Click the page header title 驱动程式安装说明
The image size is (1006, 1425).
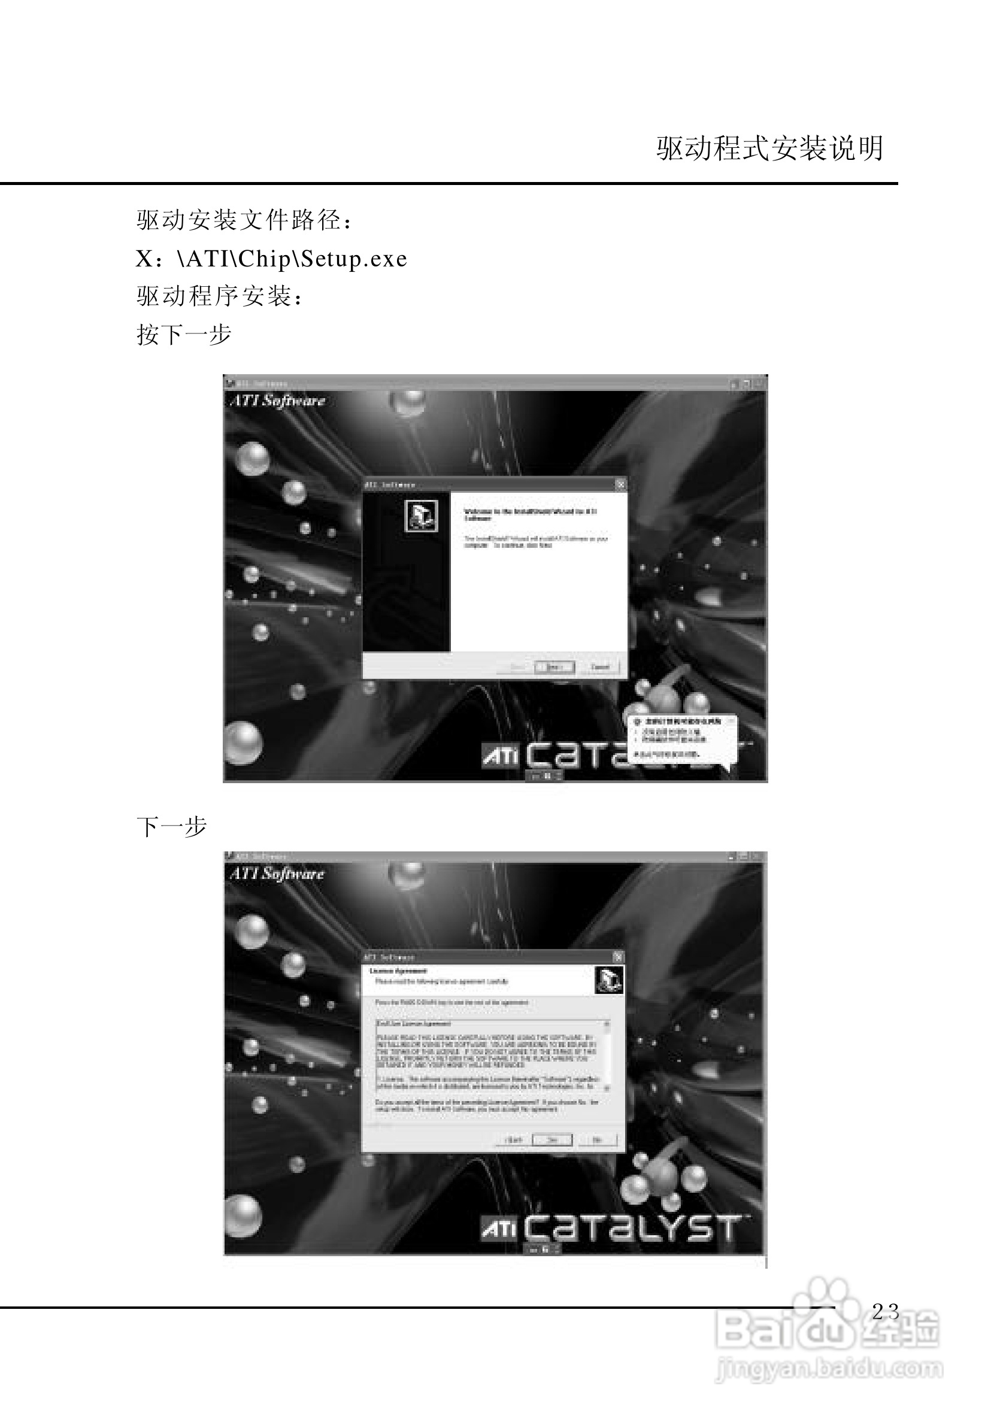pos(769,149)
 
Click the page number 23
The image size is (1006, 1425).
pos(885,1311)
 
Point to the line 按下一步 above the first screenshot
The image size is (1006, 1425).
pos(184,335)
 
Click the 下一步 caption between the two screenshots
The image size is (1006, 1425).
pos(171,827)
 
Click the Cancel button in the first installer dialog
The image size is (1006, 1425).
pos(599,667)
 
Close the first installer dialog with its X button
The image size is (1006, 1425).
pos(620,484)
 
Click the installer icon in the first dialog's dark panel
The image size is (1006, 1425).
pos(422,516)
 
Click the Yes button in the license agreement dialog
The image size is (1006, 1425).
pos(552,1139)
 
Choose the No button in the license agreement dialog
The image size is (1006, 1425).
pos(597,1139)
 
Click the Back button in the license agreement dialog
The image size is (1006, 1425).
pos(514,1139)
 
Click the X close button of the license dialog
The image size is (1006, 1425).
pos(617,957)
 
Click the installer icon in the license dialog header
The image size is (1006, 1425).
pos(608,980)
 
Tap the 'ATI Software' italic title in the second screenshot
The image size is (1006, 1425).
pos(277,874)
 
